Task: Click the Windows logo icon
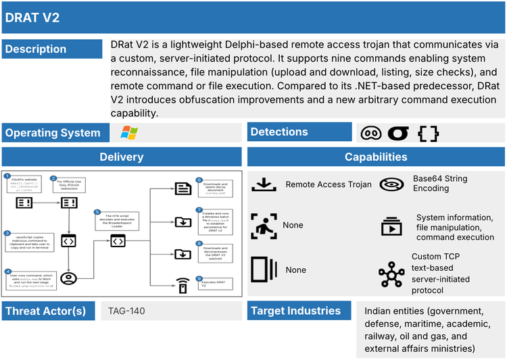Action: [128, 132]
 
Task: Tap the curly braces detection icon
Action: [428, 133]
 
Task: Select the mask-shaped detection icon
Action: [371, 133]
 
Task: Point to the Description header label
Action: [36, 49]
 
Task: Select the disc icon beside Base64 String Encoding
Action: [391, 184]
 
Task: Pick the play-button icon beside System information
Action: [391, 226]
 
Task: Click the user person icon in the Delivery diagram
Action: [68, 277]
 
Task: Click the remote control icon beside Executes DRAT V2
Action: [181, 286]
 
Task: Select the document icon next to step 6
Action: [181, 189]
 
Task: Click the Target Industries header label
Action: [295, 311]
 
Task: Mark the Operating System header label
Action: [53, 133]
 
